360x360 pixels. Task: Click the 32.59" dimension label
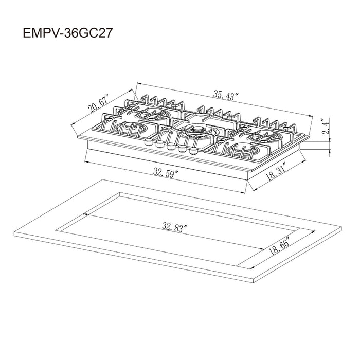[166, 173]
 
